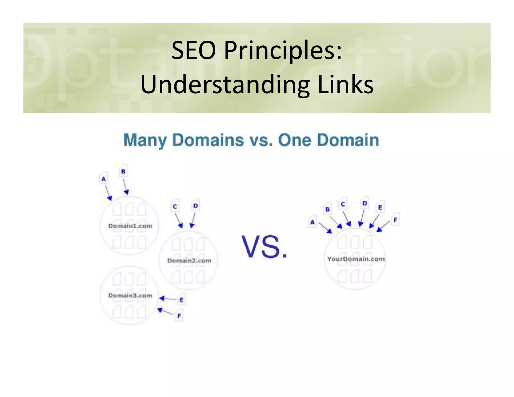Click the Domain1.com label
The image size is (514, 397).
tap(130, 226)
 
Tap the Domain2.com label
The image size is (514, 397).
tap(189, 261)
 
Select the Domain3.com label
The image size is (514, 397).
tap(130, 295)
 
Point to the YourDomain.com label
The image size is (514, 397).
tap(356, 259)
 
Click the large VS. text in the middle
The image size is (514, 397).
tap(264, 247)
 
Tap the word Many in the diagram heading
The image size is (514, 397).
tap(145, 140)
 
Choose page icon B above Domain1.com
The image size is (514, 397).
tap(123, 171)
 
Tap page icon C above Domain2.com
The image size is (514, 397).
tap(175, 206)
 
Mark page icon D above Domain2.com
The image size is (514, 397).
tap(196, 206)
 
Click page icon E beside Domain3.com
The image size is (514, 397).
tap(181, 300)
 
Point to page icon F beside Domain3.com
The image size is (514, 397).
tap(179, 316)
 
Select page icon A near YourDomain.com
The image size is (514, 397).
tap(312, 222)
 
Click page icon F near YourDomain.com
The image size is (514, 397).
tap(396, 220)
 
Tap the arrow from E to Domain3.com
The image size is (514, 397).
tap(168, 299)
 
